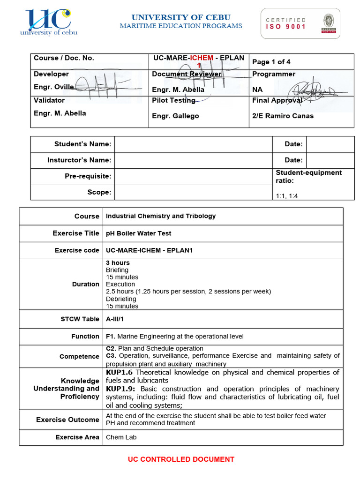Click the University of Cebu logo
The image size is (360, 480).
[48, 22]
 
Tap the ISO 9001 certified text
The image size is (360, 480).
[286, 23]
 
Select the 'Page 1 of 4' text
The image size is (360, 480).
[271, 62]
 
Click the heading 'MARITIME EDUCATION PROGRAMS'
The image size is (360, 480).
[181, 26]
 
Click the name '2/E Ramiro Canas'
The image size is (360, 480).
[283, 116]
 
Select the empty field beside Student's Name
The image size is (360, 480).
[193, 144]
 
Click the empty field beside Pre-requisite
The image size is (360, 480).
[193, 176]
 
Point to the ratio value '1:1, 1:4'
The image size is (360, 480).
[287, 196]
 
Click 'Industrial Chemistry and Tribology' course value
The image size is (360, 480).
[161, 216]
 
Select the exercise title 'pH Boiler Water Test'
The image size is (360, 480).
[139, 233]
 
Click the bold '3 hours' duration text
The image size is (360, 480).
[118, 263]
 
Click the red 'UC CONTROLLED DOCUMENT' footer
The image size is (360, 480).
[181, 459]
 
